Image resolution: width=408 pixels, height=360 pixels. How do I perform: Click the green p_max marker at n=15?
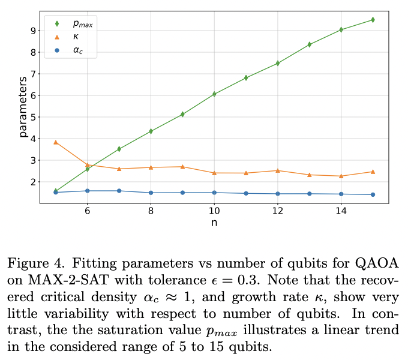click(x=373, y=20)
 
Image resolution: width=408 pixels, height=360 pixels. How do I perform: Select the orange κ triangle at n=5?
click(x=56, y=142)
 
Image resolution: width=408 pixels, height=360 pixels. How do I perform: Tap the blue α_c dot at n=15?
click(x=373, y=194)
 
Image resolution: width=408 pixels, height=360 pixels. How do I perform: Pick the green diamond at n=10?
click(x=214, y=94)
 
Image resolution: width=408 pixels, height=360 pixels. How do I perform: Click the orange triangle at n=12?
click(x=278, y=170)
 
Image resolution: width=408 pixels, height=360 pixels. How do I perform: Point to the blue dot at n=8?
click(x=151, y=193)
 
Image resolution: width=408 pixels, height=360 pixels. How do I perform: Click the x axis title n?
click(x=214, y=223)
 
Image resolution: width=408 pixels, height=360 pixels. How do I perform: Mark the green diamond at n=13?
click(x=310, y=44)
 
